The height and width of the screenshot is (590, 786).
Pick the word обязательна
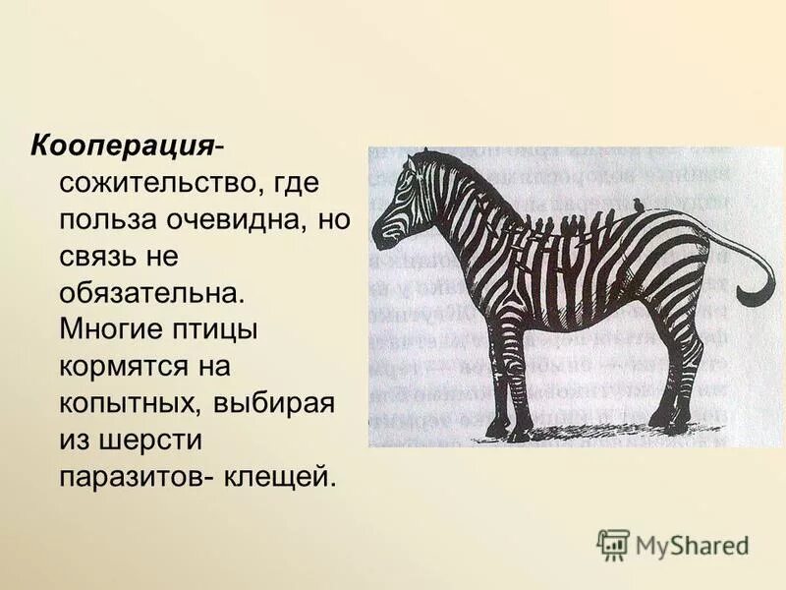(x=150, y=293)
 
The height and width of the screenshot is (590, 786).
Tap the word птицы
(x=219, y=329)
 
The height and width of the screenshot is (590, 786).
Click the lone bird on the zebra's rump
(x=640, y=204)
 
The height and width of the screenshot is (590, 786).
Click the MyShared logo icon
(x=613, y=544)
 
